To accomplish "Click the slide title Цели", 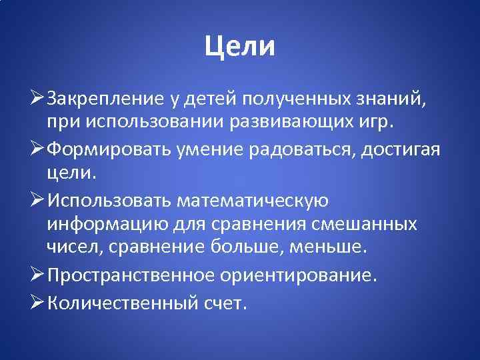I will tap(239, 46).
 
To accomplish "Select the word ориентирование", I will tap(308, 273).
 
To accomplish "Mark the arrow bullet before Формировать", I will tap(39, 148).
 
